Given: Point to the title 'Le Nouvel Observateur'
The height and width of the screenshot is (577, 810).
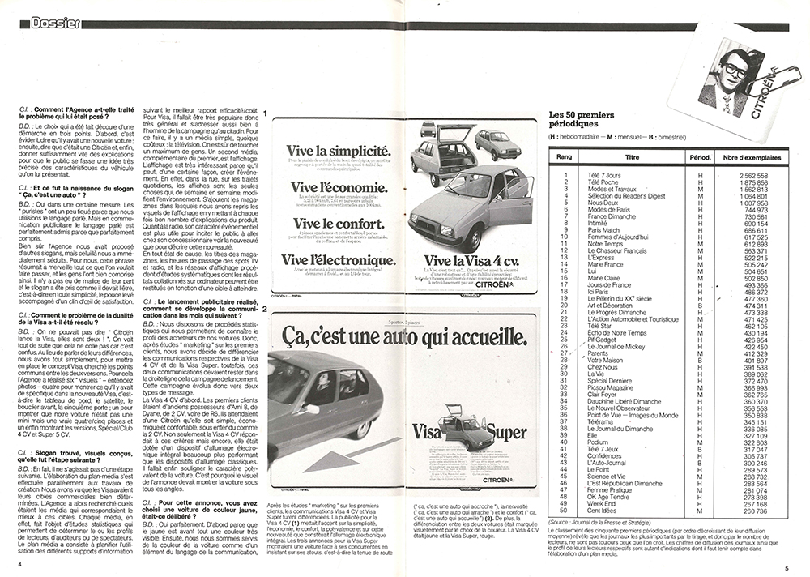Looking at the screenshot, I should (619, 408).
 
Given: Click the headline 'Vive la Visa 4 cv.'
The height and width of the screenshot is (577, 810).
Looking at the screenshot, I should (467, 260).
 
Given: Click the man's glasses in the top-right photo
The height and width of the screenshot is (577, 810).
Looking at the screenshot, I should (735, 71).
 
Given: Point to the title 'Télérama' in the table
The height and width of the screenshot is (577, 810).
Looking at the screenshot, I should (601, 421).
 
